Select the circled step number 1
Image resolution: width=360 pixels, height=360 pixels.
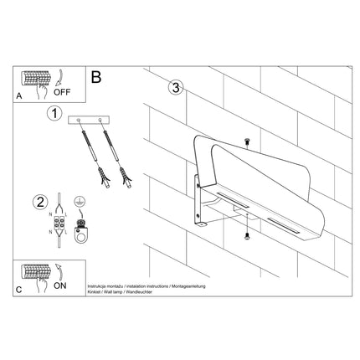coord(54,114)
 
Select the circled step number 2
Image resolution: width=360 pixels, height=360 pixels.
coord(39,201)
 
